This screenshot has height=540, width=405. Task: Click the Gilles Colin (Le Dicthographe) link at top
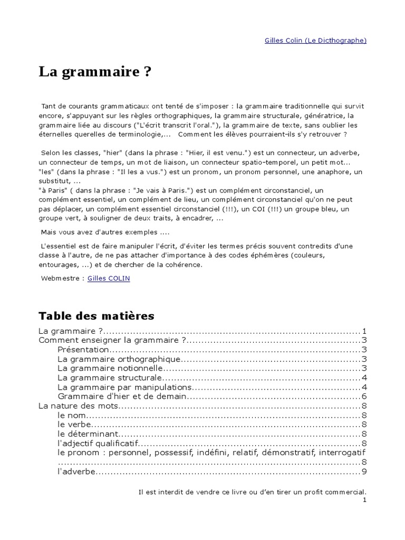pos(315,40)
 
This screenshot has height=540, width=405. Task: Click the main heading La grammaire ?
pos(94,72)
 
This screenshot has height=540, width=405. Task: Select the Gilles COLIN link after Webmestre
pos(109,278)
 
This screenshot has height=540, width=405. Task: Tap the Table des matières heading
pos(97,316)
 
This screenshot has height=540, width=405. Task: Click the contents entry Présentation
pos(83,350)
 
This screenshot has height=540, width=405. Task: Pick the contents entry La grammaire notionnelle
pos(111,368)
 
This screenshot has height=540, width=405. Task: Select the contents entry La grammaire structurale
pos(109,378)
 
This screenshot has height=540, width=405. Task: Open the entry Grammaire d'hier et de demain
pos(122,396)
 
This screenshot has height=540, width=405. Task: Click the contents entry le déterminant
pos(86,433)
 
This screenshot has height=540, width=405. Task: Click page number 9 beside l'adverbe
pos(364,471)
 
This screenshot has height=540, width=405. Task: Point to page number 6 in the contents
pos(364,396)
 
